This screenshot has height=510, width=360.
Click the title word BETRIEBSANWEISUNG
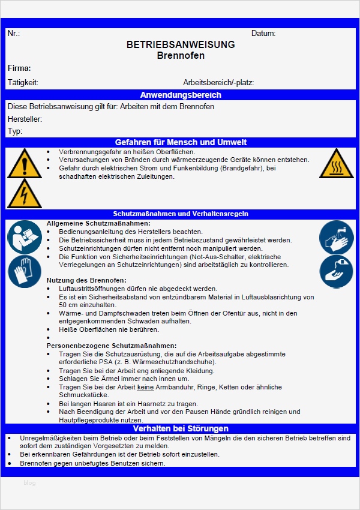[x=181, y=44]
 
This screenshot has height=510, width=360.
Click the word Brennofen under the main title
[x=181, y=56]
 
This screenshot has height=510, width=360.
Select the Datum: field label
[x=263, y=34]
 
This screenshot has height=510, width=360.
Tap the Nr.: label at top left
[x=14, y=34]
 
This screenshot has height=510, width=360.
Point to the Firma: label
[x=19, y=68]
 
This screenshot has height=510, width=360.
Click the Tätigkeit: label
[x=23, y=82]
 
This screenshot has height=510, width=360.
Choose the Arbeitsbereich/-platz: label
[x=218, y=82]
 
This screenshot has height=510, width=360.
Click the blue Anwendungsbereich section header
[x=181, y=95]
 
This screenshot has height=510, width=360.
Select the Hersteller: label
[x=25, y=119]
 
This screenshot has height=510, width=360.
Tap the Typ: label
[x=15, y=131]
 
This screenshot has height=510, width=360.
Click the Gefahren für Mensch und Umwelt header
[x=181, y=142]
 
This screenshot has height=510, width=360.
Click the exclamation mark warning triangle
[x=25, y=164]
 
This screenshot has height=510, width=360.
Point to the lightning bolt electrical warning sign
[x=25, y=193]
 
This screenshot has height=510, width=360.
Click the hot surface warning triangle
[x=337, y=164]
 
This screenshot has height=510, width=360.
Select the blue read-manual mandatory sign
[x=25, y=236]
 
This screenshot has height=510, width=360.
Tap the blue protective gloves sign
[x=25, y=271]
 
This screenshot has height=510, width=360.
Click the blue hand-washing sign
[x=337, y=236]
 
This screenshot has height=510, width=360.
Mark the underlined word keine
[x=146, y=387]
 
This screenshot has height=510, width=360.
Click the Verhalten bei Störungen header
[x=181, y=428]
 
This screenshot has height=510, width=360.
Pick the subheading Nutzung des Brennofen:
[x=86, y=280]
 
